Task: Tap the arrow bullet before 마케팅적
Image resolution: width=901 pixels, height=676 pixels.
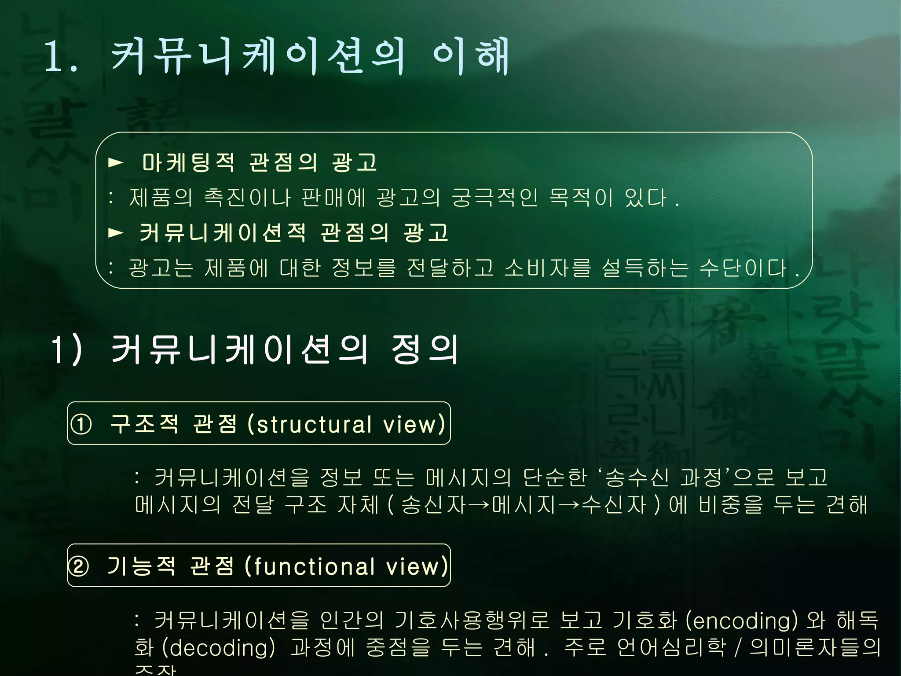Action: (x=116, y=163)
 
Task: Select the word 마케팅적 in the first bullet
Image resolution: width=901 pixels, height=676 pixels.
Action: (x=188, y=162)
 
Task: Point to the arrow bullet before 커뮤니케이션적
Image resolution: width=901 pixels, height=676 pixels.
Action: (x=116, y=232)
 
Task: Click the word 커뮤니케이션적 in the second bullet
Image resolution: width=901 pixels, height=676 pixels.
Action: (x=223, y=232)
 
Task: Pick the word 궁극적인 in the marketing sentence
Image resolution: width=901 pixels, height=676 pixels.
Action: (x=495, y=198)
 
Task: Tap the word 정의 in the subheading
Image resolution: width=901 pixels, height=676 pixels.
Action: (x=425, y=349)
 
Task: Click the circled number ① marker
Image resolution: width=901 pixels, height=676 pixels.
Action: (x=81, y=424)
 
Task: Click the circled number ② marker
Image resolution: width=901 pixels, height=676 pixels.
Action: (x=79, y=566)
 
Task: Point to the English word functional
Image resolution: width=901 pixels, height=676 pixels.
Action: (x=314, y=566)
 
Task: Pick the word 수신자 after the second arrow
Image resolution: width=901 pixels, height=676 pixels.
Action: (x=614, y=505)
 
